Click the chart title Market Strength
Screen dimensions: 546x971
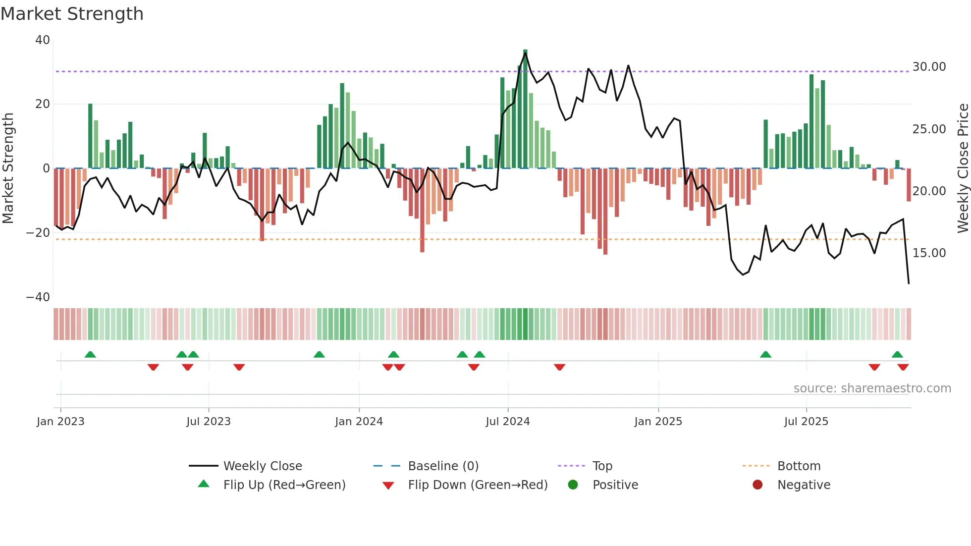72,14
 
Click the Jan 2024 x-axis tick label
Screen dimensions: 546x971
359,422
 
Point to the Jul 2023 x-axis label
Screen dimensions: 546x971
209,422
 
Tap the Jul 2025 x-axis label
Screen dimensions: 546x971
806,422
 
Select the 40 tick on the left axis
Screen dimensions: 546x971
43,40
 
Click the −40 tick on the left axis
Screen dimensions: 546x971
38,297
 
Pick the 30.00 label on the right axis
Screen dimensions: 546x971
929,67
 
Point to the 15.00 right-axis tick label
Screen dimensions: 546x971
929,253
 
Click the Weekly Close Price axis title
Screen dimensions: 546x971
963,168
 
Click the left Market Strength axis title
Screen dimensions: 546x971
8,168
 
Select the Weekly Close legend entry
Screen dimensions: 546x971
262,466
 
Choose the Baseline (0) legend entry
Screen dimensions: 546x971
443,466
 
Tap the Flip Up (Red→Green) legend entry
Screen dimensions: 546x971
284,485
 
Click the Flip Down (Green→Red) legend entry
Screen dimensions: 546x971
478,485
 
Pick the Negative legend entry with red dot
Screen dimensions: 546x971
804,485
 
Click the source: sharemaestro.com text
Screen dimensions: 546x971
872,388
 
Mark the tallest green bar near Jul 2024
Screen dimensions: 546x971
525,109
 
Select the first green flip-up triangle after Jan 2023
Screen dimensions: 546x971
90,354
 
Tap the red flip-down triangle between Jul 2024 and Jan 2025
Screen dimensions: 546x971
560,367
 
